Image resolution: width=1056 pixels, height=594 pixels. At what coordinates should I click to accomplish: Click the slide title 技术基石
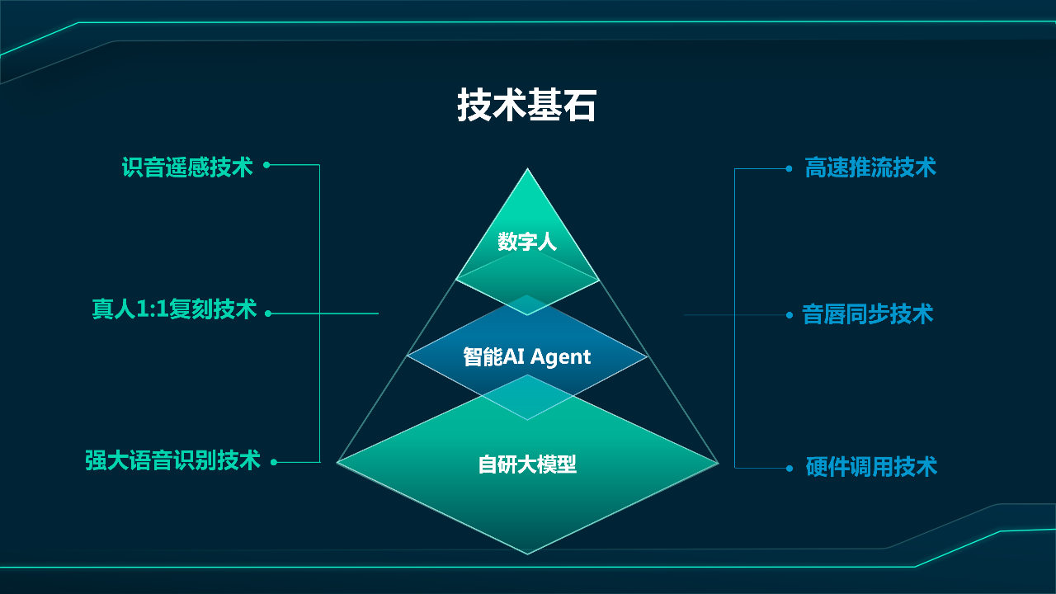coord(527,105)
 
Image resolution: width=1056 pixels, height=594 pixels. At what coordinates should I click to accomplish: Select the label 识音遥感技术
coord(187,167)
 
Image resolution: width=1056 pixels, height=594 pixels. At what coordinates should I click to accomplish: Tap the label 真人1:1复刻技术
coord(174,309)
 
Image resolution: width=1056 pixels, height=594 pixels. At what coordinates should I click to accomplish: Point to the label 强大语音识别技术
coord(172,460)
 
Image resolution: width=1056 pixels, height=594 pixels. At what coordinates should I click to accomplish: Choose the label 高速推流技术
coord(870,167)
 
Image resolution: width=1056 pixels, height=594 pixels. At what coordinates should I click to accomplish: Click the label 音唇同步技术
coord(867,314)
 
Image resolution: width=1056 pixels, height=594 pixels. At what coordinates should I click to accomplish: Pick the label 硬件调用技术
coord(871,467)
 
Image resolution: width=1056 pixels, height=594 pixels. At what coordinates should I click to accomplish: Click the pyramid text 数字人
coord(527,242)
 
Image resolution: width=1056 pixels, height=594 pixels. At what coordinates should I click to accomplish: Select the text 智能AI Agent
coord(526,357)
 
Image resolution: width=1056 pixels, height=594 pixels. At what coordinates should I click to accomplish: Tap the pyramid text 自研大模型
coord(527,464)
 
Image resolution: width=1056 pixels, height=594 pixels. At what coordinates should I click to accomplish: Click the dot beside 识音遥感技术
coord(266,164)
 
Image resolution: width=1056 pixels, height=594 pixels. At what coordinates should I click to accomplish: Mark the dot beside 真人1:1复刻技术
coord(268,313)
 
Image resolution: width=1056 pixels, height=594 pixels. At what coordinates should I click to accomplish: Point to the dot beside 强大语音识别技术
coord(274,463)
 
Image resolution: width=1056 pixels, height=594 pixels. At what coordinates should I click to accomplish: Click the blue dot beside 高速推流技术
coord(790,169)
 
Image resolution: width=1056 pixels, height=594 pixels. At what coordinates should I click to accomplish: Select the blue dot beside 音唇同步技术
coord(790,315)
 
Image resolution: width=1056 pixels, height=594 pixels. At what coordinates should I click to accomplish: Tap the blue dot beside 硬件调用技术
coord(790,468)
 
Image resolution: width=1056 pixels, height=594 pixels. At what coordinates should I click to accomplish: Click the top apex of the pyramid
coord(527,168)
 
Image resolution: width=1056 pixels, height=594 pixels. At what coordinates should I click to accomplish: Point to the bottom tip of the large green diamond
coord(527,554)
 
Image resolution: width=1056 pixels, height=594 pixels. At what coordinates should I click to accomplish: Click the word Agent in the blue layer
coord(561,357)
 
